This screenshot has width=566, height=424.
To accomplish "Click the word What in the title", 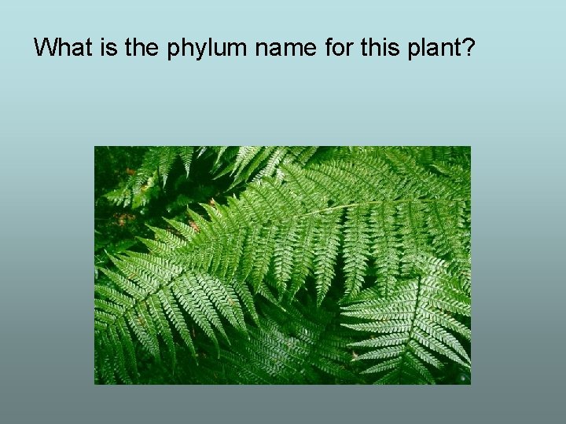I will (x=64, y=49).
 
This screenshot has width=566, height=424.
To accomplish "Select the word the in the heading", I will (x=142, y=49).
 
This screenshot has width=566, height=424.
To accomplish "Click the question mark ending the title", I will (x=469, y=49).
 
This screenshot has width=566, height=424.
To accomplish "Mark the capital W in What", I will (x=46, y=49).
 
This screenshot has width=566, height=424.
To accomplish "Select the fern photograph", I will (x=282, y=265).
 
